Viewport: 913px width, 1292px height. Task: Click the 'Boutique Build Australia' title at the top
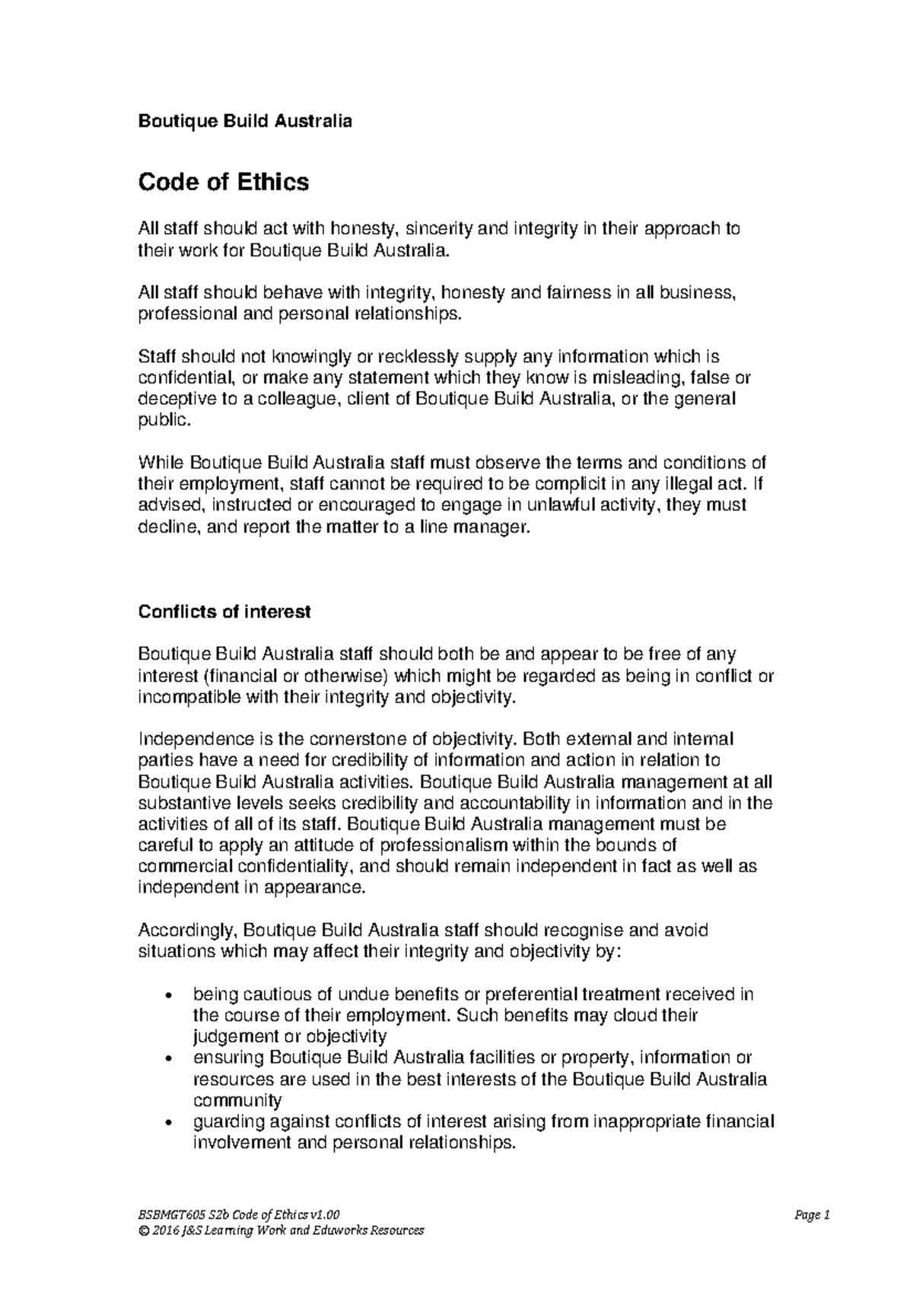coord(244,121)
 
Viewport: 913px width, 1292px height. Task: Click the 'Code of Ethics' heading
coord(223,182)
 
